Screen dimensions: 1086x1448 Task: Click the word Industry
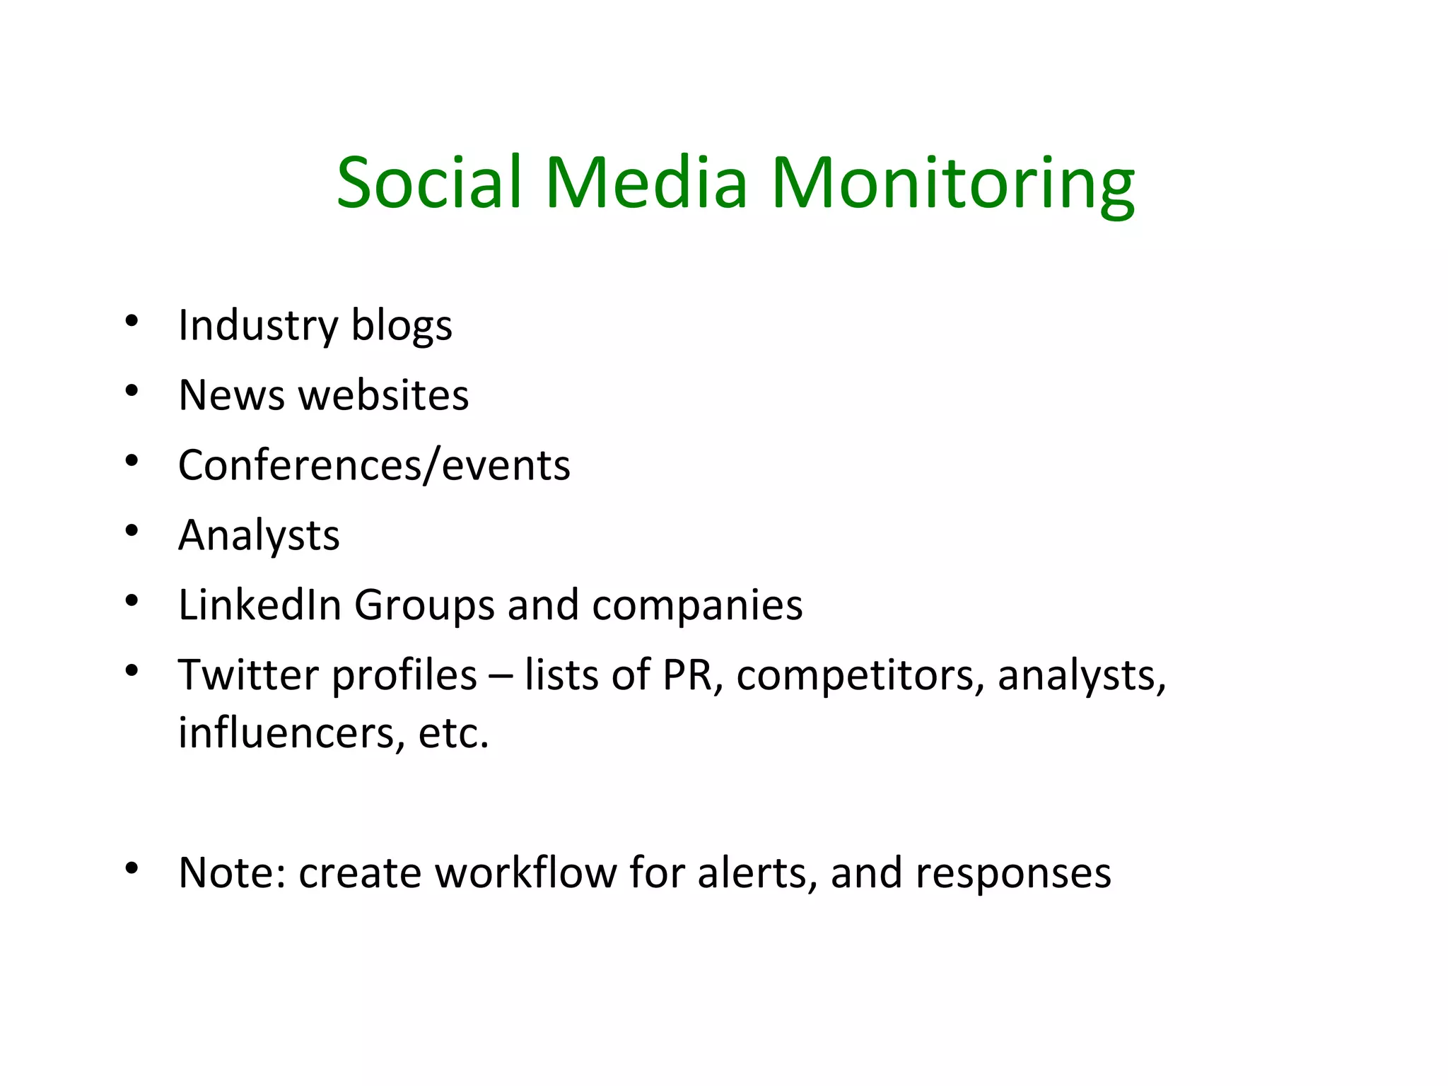(258, 326)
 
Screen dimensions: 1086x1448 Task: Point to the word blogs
(402, 326)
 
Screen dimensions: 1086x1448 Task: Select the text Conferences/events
(374, 465)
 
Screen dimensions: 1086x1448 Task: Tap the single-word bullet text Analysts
(259, 535)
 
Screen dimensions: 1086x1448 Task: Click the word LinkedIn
(259, 605)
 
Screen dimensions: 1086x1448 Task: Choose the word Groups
(424, 605)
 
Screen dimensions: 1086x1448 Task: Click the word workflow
(525, 872)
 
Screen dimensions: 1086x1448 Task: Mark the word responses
(1013, 874)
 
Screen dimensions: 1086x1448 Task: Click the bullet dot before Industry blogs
(132, 322)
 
